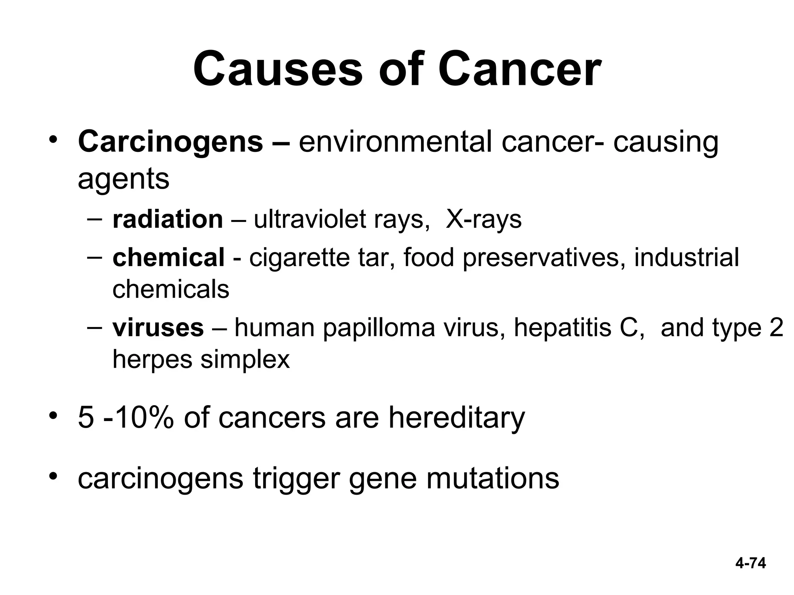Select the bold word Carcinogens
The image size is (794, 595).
(x=170, y=142)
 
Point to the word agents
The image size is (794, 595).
(x=123, y=179)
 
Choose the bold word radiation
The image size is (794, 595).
(x=167, y=219)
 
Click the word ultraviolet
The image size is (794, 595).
(x=309, y=219)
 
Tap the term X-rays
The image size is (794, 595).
(x=483, y=219)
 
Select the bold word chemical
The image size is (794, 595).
(x=168, y=258)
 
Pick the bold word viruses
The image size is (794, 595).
(x=158, y=328)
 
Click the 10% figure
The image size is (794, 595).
(x=140, y=418)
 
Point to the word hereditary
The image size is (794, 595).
(x=456, y=418)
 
